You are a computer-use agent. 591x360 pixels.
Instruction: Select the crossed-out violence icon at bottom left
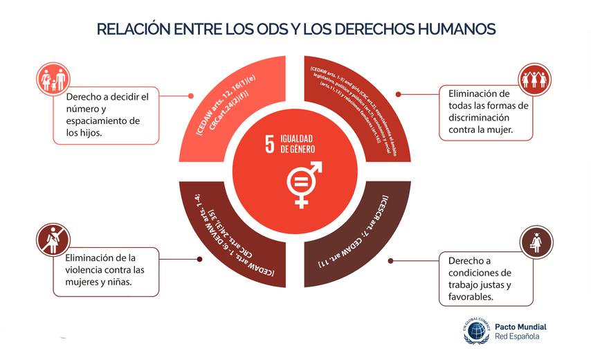(50, 240)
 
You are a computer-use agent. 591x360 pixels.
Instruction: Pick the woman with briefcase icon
(536, 240)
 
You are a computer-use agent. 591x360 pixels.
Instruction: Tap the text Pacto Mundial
(520, 326)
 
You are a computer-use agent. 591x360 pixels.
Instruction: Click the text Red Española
(517, 337)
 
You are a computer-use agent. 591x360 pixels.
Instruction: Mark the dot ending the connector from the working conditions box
(390, 261)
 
